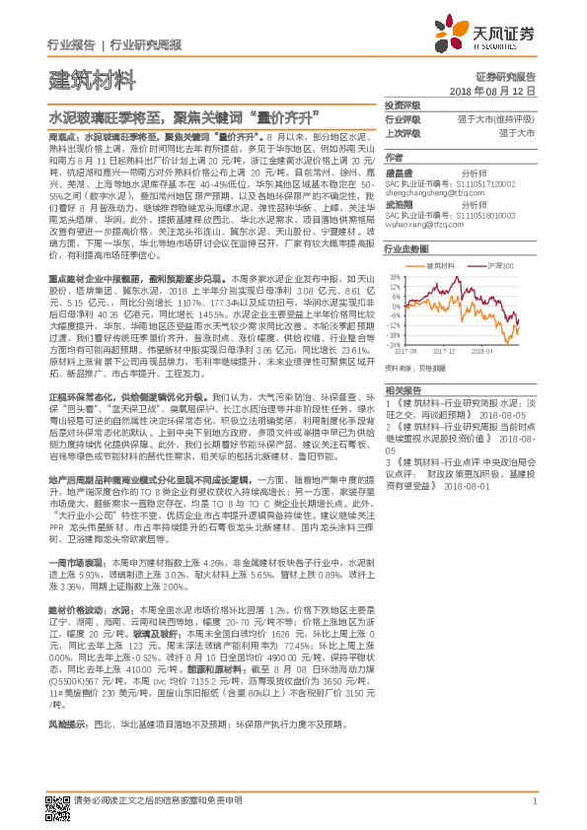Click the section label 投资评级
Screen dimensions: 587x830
tap(403, 104)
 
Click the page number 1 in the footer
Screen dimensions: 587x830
tap(533, 801)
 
